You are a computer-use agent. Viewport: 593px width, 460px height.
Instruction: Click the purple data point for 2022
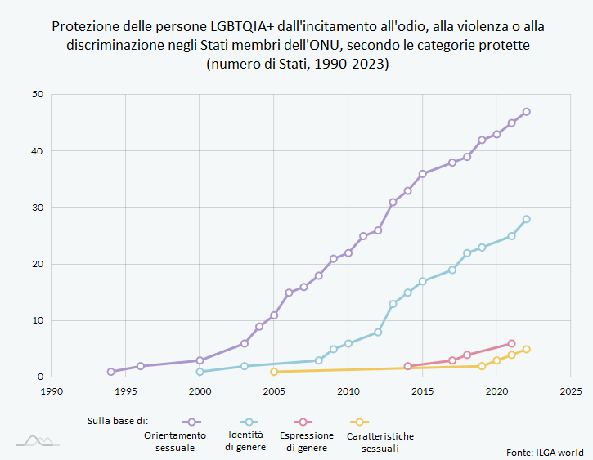point(526,112)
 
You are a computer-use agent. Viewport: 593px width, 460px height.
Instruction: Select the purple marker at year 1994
point(111,372)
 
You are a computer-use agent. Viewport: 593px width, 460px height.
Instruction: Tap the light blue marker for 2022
point(526,219)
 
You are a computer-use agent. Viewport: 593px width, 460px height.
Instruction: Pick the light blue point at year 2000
point(200,372)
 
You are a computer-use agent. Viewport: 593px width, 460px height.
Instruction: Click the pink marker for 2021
point(511,344)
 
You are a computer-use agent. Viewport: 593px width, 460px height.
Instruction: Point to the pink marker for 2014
point(407,366)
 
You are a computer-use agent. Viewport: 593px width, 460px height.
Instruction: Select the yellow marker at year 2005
point(274,372)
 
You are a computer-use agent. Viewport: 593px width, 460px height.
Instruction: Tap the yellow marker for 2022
point(526,349)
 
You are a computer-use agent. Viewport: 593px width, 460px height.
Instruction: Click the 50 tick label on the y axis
point(37,95)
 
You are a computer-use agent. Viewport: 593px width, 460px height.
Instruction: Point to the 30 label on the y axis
point(37,208)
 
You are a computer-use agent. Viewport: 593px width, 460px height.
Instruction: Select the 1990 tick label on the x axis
point(52,391)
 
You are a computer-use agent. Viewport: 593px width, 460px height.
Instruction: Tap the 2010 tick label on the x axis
point(348,391)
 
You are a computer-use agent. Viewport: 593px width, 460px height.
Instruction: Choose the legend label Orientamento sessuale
point(175,441)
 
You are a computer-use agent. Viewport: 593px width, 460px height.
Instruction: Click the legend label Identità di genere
point(245,441)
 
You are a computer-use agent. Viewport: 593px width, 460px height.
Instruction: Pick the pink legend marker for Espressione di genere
point(303,422)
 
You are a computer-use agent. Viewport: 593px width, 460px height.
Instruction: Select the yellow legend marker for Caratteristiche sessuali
point(357,422)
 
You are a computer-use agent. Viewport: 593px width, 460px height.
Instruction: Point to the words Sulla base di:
point(118,421)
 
